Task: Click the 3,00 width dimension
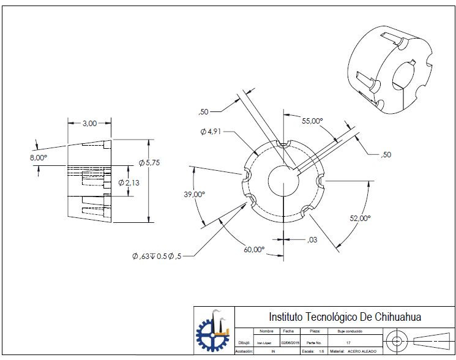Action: (89, 124)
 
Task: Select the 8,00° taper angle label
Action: (38, 157)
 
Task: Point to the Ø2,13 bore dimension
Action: (129, 183)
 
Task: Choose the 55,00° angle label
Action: (312, 121)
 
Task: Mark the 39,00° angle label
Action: (195, 194)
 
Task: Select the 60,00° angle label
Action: (254, 249)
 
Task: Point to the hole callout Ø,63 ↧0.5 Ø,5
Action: (157, 256)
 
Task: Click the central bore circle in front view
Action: (283, 181)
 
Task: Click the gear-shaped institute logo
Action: (213, 331)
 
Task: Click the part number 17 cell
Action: (348, 343)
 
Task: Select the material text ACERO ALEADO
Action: (362, 351)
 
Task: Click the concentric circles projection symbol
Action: (397, 340)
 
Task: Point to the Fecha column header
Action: (288, 331)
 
